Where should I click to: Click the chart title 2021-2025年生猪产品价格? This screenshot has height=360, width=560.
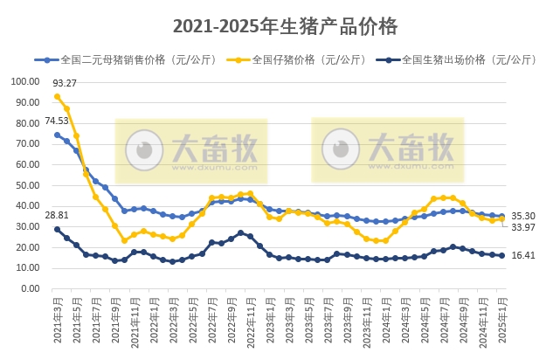tap(285, 26)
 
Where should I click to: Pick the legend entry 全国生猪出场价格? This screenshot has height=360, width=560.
tap(460, 60)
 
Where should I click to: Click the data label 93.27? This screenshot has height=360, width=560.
tap(66, 84)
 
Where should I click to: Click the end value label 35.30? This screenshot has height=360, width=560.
tap(523, 215)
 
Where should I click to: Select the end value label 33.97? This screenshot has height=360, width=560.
tap(523, 228)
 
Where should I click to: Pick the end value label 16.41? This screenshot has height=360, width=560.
tap(523, 256)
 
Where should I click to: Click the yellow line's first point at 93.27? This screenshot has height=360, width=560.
tap(57, 96)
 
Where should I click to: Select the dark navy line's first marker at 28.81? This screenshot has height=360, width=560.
tap(57, 229)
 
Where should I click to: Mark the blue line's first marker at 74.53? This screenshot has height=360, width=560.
tap(57, 135)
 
